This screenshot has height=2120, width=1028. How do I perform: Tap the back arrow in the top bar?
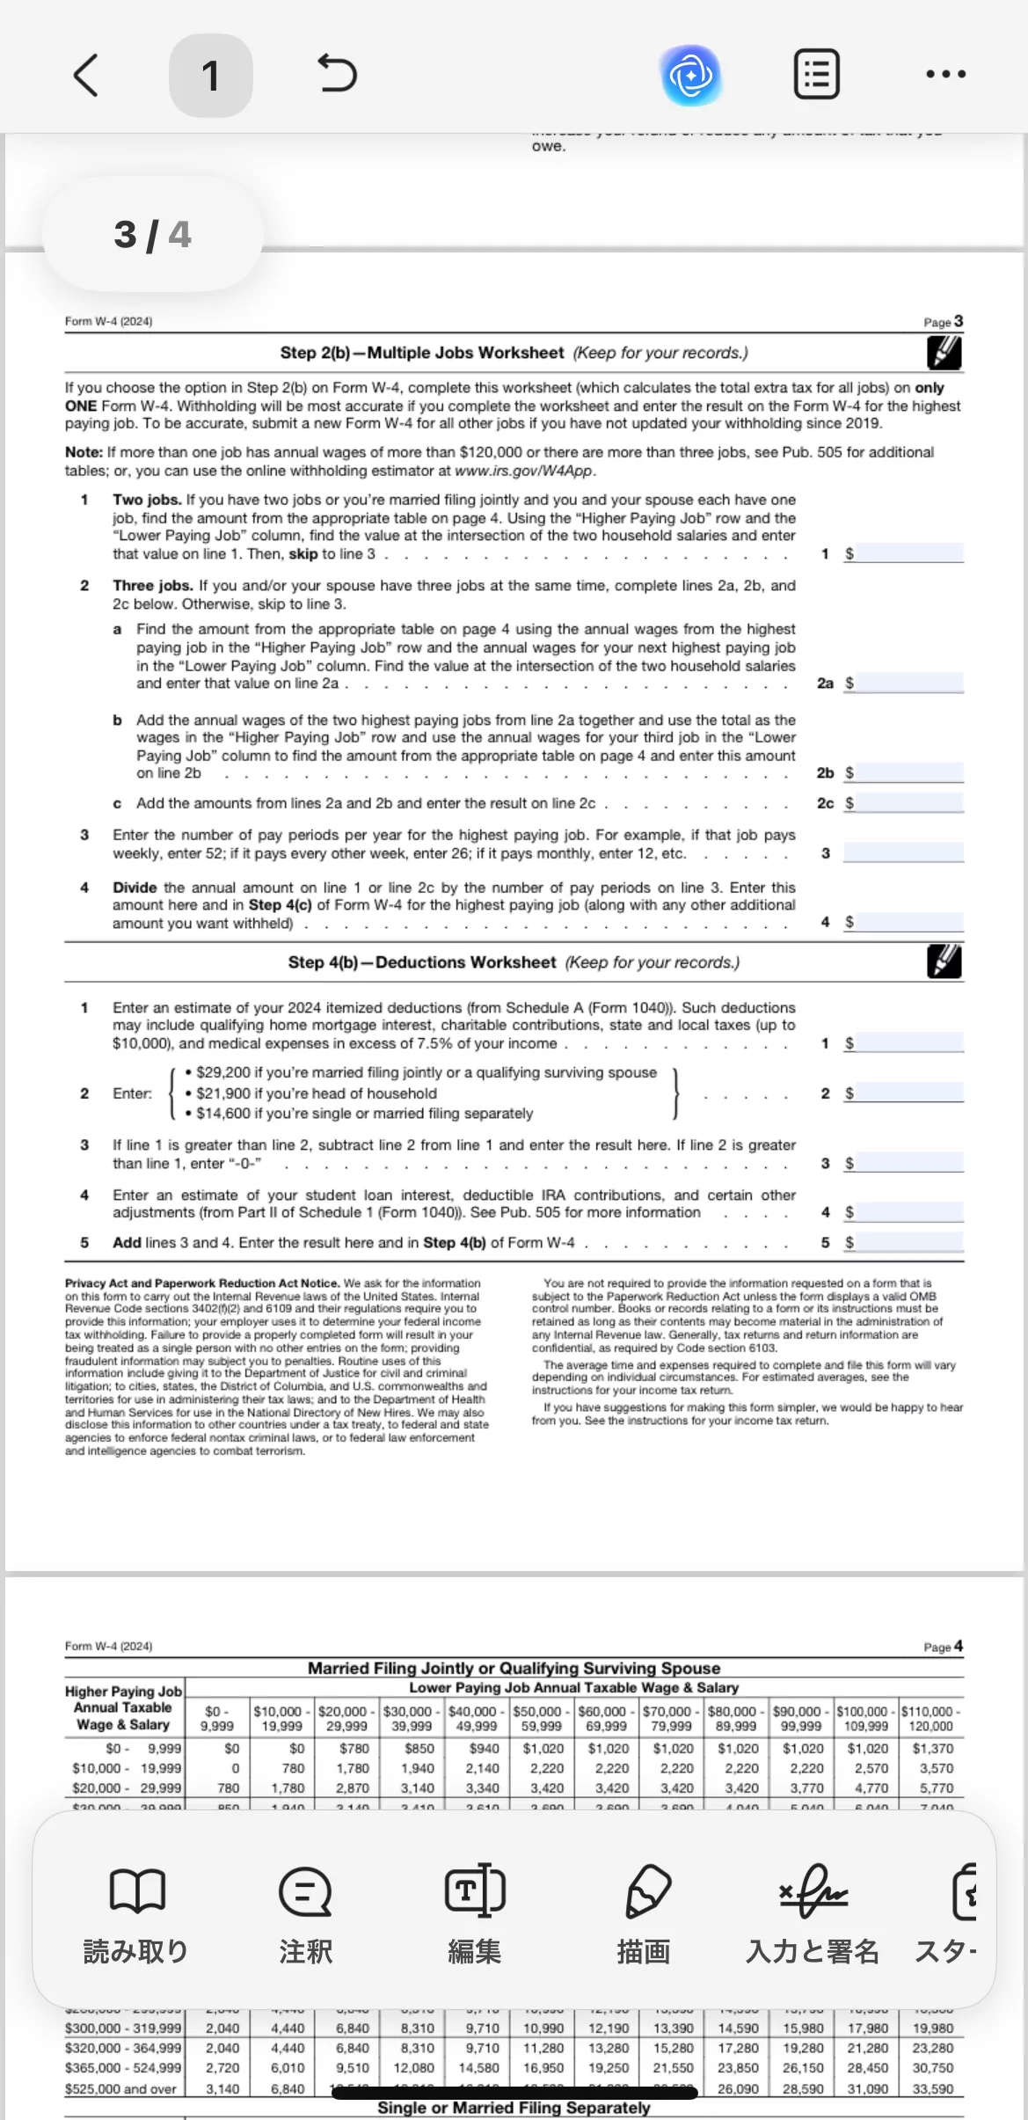[85, 75]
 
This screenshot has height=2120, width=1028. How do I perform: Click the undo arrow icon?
[337, 74]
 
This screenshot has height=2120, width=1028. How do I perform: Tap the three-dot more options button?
[945, 75]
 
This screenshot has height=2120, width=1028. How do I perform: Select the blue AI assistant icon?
[691, 76]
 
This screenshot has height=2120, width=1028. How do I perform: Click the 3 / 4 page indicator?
[152, 235]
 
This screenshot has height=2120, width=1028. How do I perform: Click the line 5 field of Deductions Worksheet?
[909, 1242]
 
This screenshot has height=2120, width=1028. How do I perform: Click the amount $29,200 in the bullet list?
[223, 1072]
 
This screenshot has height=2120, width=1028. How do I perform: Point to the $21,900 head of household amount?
[223, 1093]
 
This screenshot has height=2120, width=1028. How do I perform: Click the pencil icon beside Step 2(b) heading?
[944, 353]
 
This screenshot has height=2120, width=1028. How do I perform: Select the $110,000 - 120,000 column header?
[930, 1718]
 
